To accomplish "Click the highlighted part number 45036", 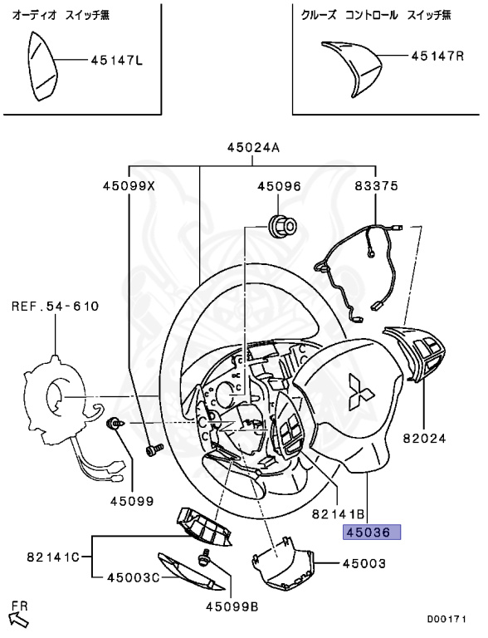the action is pos(372,532).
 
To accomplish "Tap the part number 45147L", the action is pos(117,61).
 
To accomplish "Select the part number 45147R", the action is pos(437,56).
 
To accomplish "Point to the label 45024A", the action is pos(253,147).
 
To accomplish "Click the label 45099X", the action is pos(129,186).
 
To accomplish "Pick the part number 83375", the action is pos(377,186).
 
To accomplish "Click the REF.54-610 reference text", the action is pos(56,306).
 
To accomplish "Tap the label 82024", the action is pos(425,439).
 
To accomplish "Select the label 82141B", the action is pos(339,514).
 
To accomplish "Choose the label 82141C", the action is pos(54,557).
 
